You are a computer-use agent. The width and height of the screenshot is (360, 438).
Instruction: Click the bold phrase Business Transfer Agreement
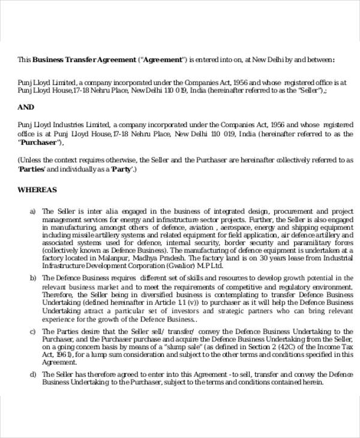point(83,60)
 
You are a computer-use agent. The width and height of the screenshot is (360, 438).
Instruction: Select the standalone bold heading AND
point(26,107)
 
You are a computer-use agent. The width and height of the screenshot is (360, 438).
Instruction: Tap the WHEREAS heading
point(37,190)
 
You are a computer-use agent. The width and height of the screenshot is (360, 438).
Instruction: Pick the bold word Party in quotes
point(121,169)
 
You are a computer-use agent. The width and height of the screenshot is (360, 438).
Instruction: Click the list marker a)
point(34,211)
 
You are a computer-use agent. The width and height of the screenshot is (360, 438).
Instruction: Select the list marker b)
point(34,278)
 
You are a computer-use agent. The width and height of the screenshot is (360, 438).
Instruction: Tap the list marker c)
point(34,331)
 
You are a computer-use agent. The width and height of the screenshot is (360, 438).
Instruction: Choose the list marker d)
point(34,374)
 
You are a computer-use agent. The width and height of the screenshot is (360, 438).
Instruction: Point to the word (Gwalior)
point(181,264)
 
